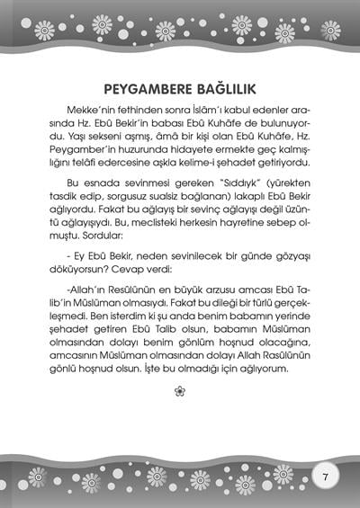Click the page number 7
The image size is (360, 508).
(x=326, y=473)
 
